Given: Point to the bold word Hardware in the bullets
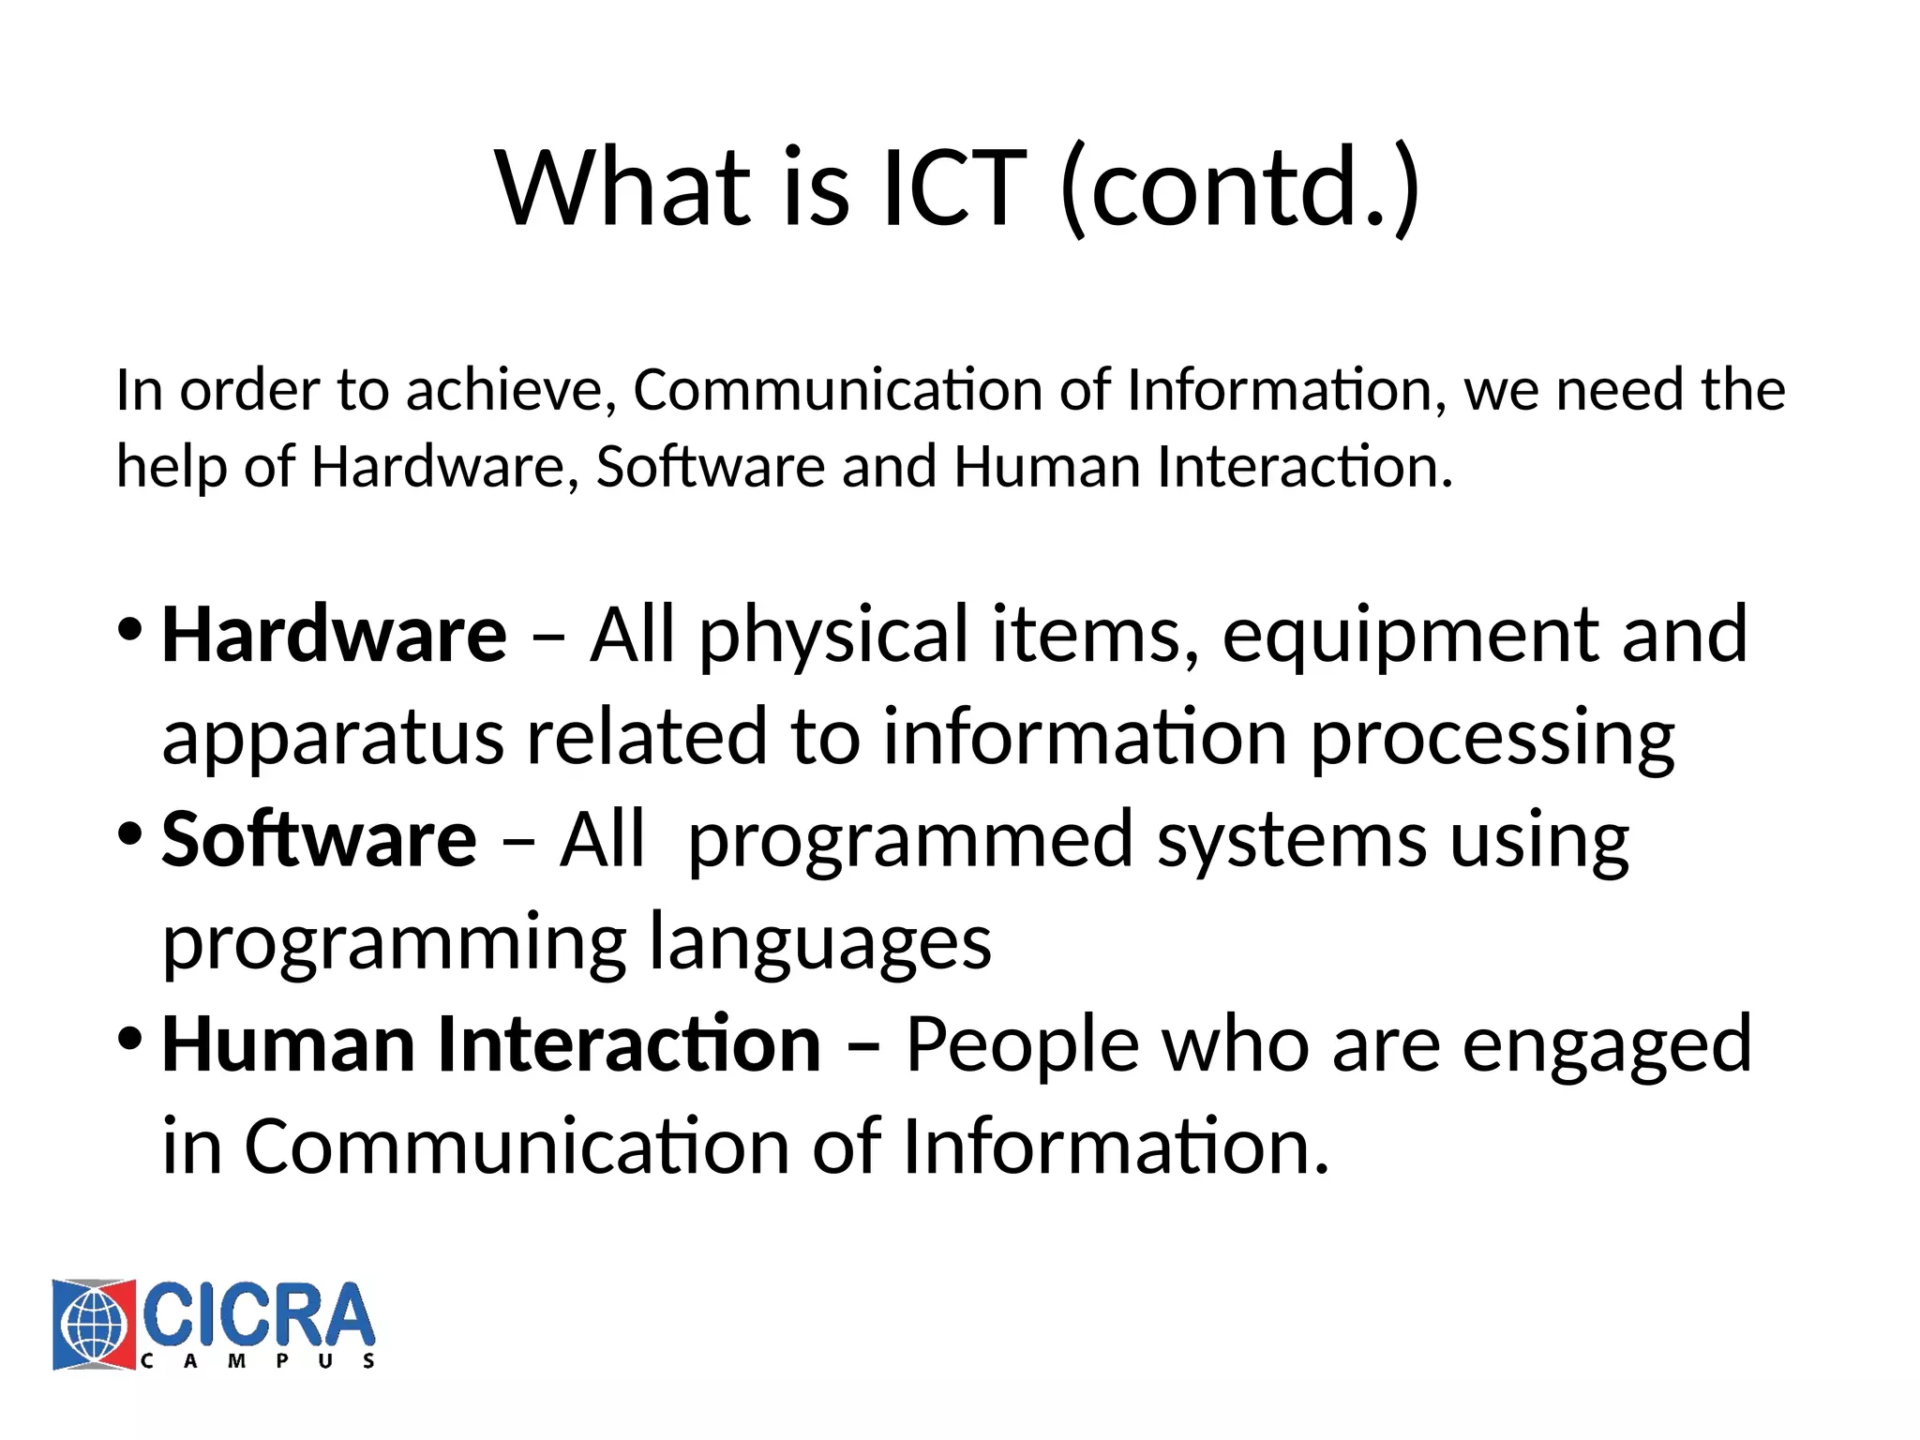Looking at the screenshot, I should click(334, 636).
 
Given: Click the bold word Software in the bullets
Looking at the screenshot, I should click(319, 839).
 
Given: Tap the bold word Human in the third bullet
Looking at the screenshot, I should click(288, 1044).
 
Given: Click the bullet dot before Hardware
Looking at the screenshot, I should click(130, 628).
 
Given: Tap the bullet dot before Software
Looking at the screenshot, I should click(130, 832).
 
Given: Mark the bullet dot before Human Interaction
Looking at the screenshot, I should click(130, 1038).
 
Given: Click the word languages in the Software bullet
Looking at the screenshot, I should click(820, 943).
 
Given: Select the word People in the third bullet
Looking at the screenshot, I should click(1022, 1046).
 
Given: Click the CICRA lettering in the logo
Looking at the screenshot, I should click(259, 1315).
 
